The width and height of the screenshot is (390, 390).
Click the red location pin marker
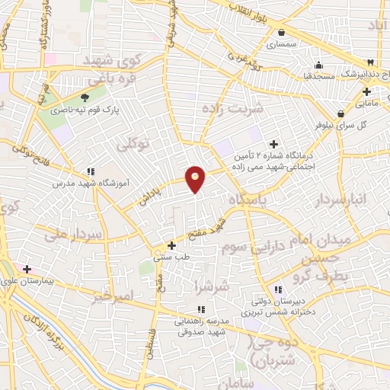pos(196,179)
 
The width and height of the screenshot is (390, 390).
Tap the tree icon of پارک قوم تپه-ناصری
pos(85,97)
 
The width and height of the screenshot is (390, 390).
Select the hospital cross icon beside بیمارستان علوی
pos(27,269)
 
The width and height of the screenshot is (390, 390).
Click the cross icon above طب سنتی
pos(172,245)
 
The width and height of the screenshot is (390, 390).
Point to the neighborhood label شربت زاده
pos(232,108)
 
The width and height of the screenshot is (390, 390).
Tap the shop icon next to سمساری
pos(282,33)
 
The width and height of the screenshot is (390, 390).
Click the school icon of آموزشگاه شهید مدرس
pos(91,171)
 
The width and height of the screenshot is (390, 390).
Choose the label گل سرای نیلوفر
pos(363,124)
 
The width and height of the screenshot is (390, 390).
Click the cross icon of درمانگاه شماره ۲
pos(273,144)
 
